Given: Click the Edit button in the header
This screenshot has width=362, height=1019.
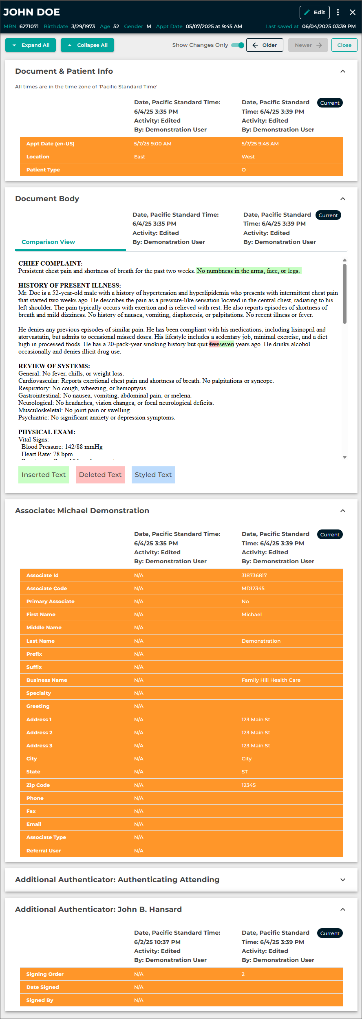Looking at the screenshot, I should pos(314,12).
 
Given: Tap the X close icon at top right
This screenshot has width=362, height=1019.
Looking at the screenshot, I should pos(353,12).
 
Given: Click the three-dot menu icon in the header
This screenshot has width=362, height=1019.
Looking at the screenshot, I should pos(338,12).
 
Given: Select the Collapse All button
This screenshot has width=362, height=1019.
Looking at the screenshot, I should pos(87,45).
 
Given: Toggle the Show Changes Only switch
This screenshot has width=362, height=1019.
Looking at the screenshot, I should pos(238,45).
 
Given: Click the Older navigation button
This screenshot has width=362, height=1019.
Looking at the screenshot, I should pos(265,45).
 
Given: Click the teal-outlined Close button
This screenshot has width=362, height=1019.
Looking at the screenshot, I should pos(344,45).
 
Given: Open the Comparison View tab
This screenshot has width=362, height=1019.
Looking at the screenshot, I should pos(48,242).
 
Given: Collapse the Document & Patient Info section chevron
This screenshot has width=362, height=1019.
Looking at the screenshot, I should pos(343,71).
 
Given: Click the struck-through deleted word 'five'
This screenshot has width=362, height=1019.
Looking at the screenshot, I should pos(214,344).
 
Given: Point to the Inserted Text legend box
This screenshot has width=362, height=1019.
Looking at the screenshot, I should pos(44,474).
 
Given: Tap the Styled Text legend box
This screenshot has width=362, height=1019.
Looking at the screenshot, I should pos(153,474).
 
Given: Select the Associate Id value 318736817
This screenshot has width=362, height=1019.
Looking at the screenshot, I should pos(254,575).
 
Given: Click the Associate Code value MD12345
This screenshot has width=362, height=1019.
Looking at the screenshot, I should pos(253,589).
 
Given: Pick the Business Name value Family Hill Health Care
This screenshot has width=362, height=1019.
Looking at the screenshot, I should pos(271,680).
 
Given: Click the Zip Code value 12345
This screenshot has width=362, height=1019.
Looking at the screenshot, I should pos(248,785).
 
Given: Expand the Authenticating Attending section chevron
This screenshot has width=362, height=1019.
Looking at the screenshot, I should pos(343,880).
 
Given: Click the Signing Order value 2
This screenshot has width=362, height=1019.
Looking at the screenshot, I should pos(243,974).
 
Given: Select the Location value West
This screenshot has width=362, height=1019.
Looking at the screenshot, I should pos(248,157).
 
